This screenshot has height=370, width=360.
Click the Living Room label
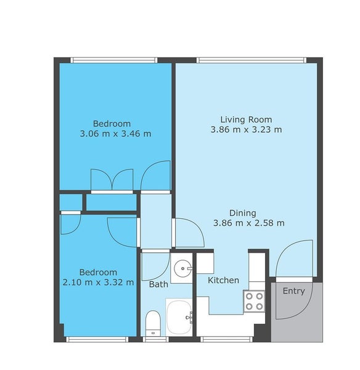(246, 120)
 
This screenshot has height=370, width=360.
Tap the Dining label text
(248, 213)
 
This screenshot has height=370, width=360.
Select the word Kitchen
(223, 281)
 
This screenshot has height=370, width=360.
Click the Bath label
(158, 284)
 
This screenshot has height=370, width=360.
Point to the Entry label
(293, 291)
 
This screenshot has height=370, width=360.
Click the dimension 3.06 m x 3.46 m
(115, 133)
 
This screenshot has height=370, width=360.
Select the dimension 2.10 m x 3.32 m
(98, 282)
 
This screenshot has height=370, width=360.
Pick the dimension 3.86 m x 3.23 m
(246, 129)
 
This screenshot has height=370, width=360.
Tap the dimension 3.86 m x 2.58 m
(248, 223)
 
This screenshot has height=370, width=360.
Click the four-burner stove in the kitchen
(254, 300)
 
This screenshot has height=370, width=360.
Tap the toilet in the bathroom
(153, 323)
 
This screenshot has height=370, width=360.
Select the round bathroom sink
(181, 268)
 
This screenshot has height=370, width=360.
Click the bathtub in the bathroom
(179, 317)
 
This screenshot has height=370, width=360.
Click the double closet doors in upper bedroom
(112, 179)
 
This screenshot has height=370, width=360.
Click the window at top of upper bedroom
(113, 60)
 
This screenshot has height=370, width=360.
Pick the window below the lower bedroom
(97, 339)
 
